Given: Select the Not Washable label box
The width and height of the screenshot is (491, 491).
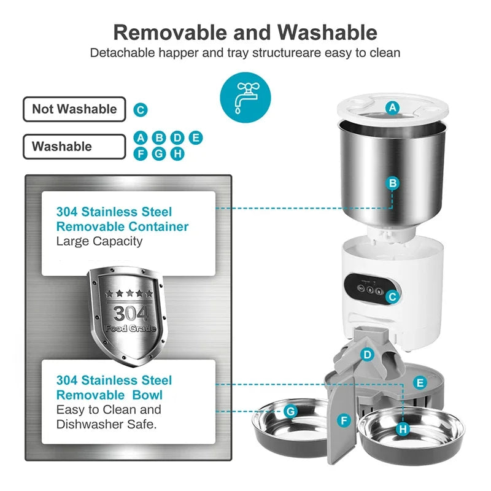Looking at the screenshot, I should pos(74,109).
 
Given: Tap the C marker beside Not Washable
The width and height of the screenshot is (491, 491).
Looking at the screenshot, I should pos(141,110).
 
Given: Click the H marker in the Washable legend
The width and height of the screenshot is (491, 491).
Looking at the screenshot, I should pos(177,153).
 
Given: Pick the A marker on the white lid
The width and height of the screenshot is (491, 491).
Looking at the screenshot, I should pos(392,109).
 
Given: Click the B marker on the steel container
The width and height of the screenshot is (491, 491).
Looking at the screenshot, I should pos(393,183).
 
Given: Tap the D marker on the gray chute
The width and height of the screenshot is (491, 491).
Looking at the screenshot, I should pos(367,354).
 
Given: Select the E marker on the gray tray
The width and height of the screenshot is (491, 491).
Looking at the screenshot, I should pos(420,383).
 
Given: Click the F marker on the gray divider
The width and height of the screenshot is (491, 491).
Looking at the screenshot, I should pos(344,420).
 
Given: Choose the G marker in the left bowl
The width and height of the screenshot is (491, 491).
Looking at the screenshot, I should pos(290,411).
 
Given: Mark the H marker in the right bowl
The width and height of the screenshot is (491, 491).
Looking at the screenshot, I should pos(403,429).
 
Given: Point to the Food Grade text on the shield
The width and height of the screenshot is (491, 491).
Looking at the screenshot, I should pos(130,328).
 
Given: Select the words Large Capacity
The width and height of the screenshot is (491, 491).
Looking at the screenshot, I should pos(99,241).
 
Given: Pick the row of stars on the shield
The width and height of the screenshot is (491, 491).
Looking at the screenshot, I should pos(129,293).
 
